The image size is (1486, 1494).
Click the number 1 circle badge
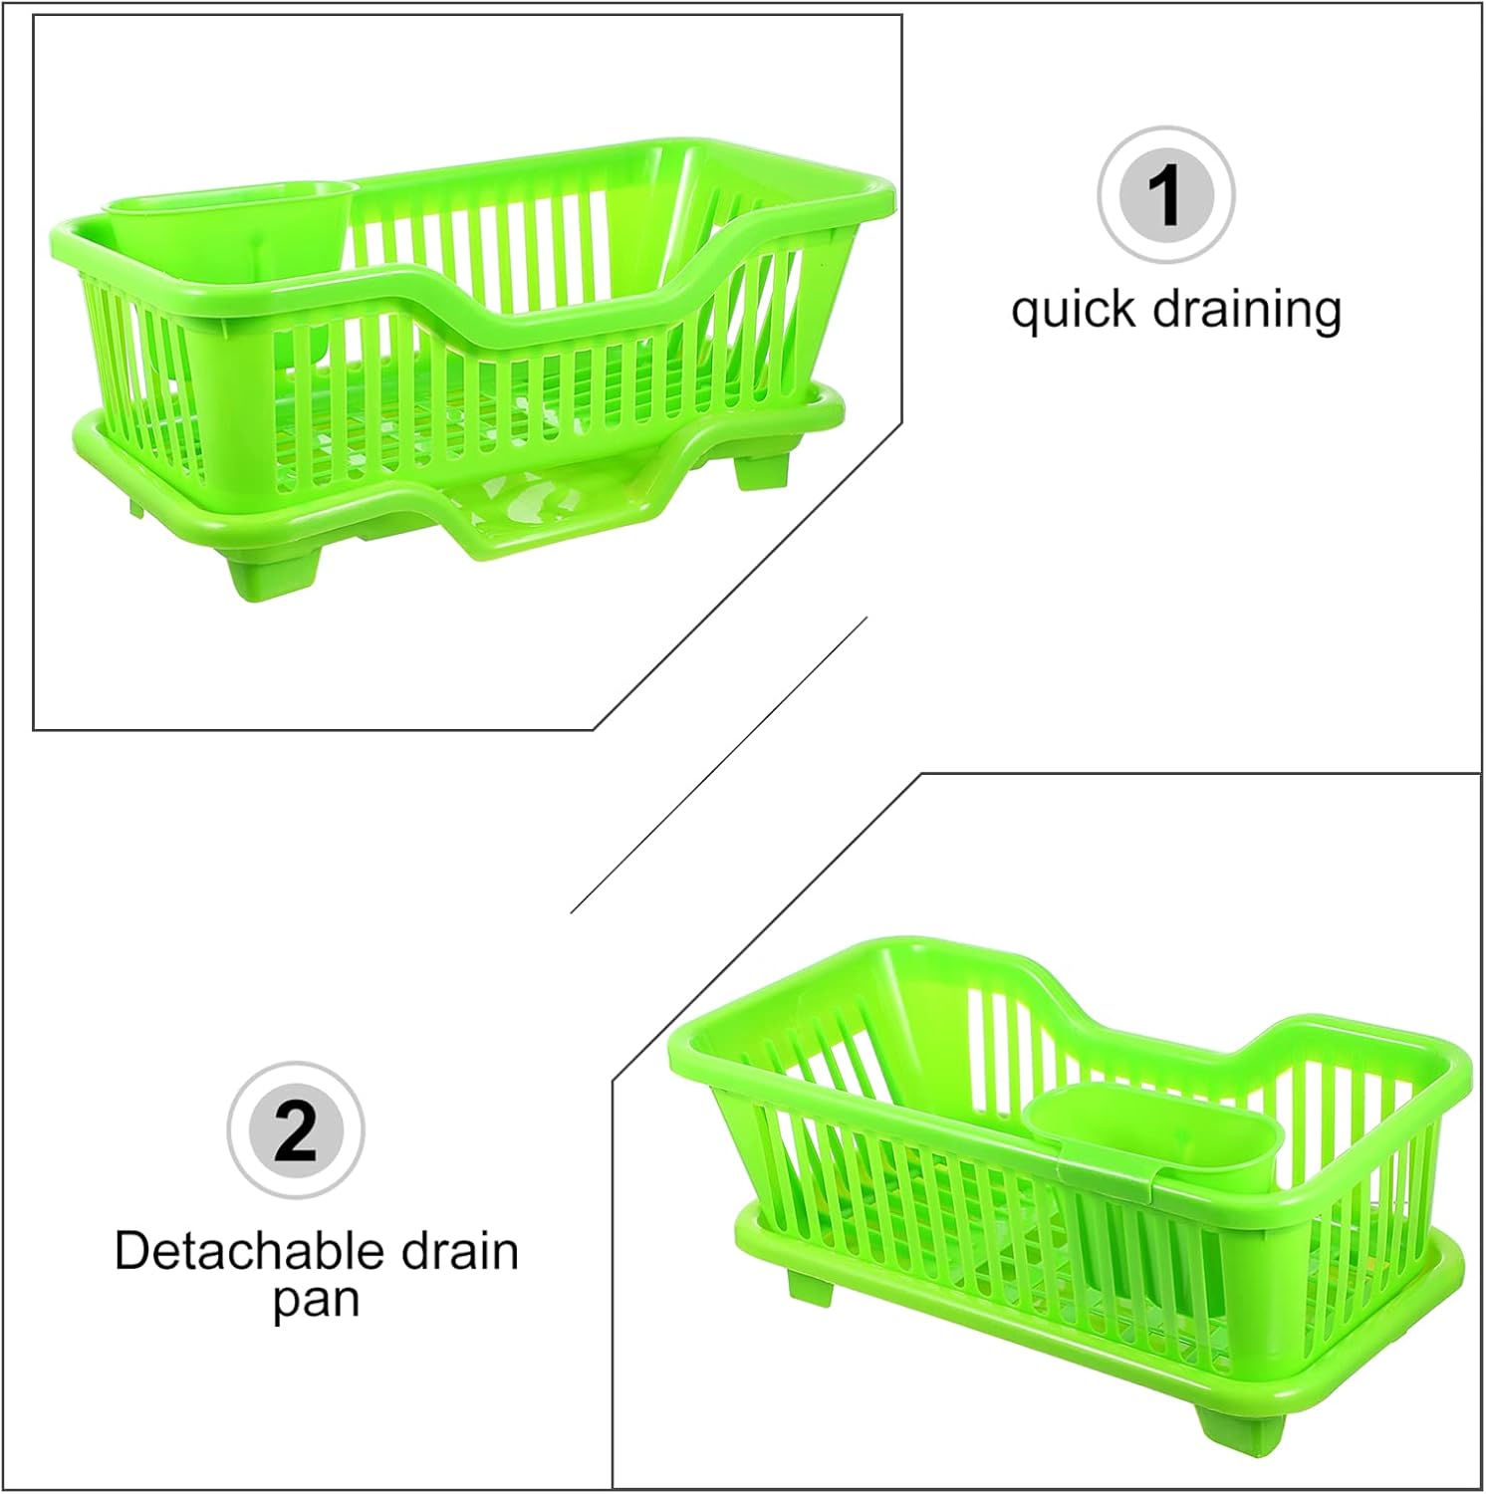[x=1166, y=194]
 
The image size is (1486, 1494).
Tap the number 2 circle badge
[x=296, y=1130]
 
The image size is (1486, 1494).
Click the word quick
[x=1074, y=311]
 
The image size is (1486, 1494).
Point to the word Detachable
[x=247, y=1251]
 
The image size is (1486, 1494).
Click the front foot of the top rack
[x=277, y=570]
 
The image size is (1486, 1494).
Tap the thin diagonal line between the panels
[x=717, y=765]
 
